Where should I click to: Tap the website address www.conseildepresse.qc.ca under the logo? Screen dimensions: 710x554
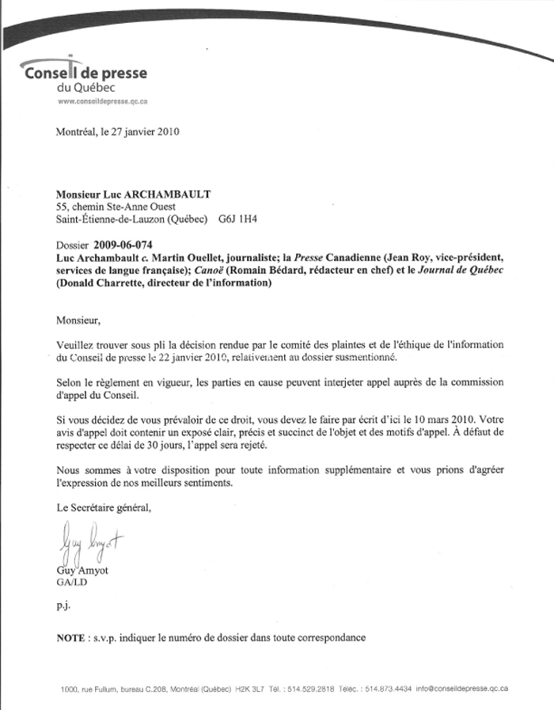(105, 102)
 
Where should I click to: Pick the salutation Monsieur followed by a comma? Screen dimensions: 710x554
(80, 321)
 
